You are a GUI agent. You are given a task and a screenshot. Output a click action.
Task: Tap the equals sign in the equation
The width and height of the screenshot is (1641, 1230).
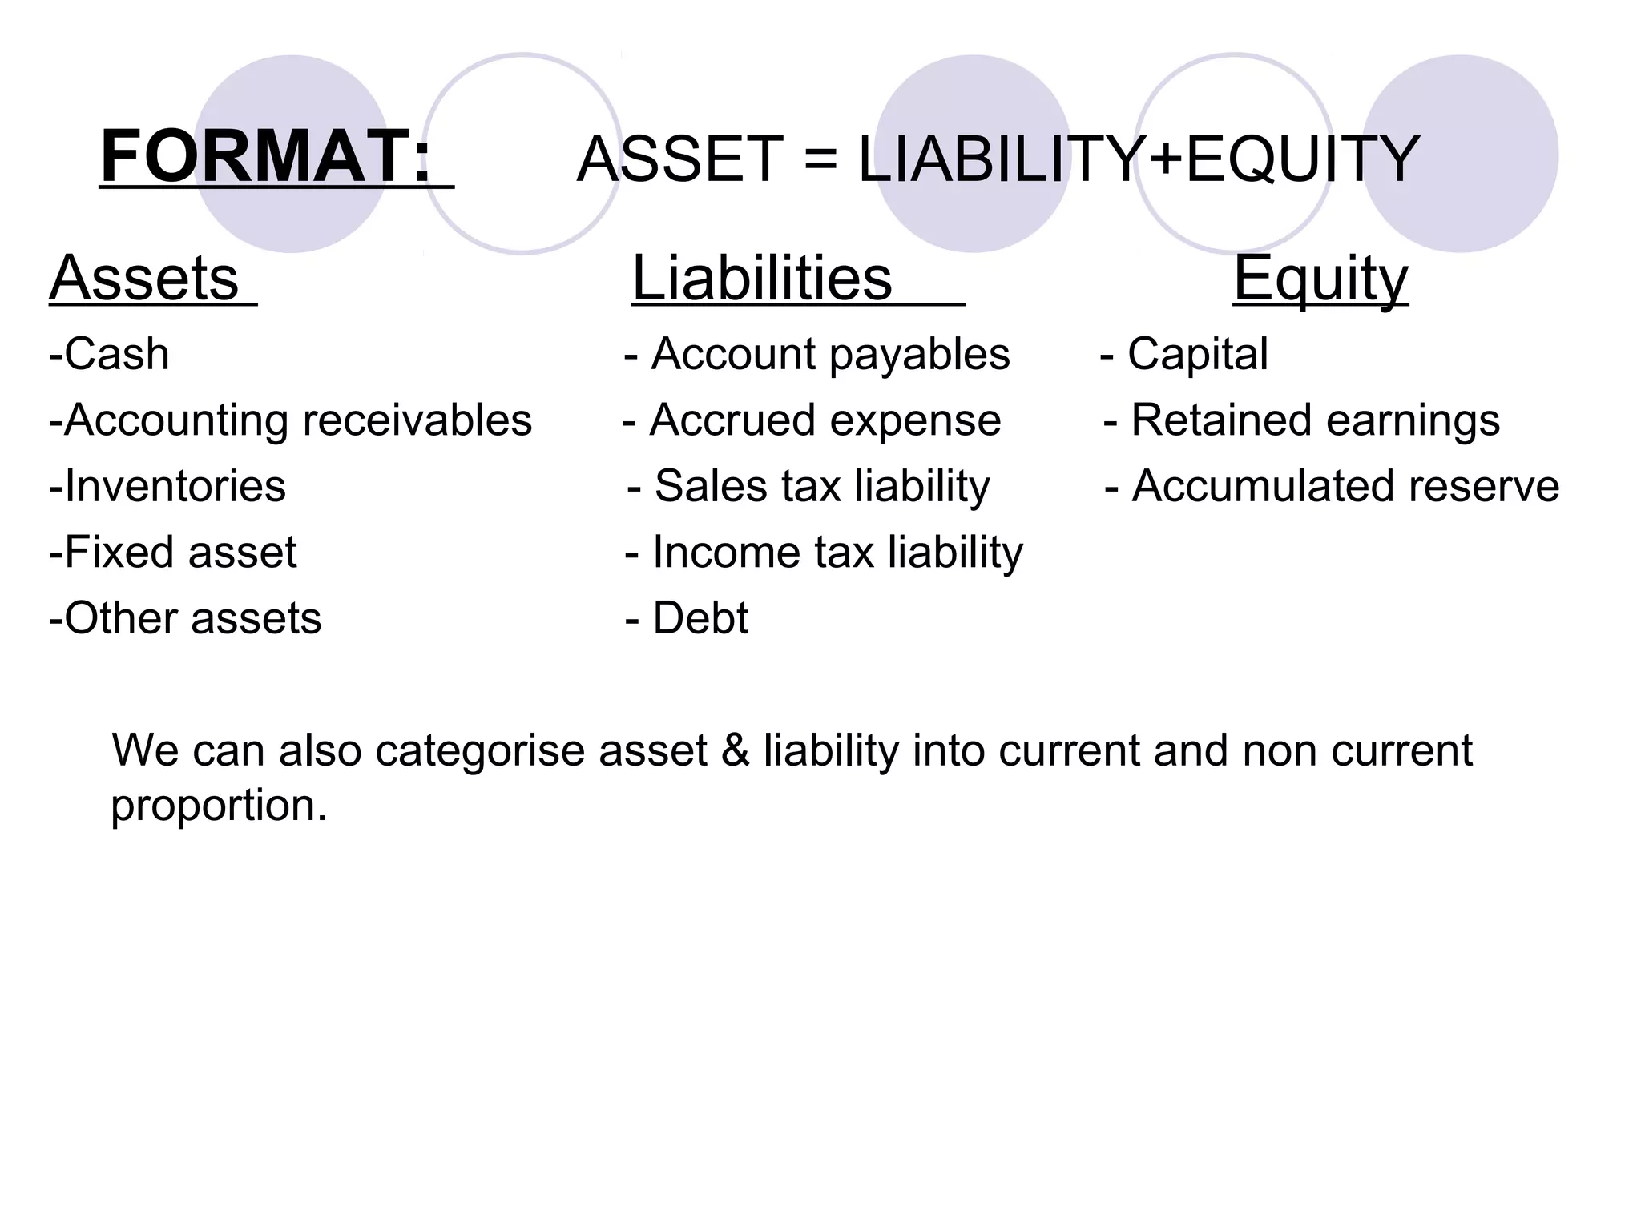(x=820, y=159)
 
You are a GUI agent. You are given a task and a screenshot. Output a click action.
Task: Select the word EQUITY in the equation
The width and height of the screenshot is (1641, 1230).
(x=1302, y=159)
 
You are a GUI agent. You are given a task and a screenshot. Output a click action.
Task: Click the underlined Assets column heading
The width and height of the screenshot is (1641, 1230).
(x=145, y=278)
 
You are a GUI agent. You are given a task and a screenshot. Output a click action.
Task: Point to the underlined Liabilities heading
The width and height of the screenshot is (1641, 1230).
(x=762, y=278)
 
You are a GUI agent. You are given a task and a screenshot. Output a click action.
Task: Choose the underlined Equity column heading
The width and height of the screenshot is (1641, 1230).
(x=1320, y=278)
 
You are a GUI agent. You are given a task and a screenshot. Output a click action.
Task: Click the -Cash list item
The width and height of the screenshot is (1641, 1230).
(x=110, y=354)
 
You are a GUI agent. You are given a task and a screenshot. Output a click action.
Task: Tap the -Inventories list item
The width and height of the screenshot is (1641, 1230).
(x=167, y=486)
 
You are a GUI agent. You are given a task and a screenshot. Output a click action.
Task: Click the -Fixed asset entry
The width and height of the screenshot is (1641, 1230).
(x=173, y=553)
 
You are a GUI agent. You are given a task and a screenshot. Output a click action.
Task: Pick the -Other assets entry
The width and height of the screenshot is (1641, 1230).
(x=185, y=618)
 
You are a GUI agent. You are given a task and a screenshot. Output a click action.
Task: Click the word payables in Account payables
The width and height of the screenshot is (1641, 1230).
(x=919, y=354)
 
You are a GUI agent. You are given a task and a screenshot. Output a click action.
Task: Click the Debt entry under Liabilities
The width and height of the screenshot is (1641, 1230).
(x=700, y=618)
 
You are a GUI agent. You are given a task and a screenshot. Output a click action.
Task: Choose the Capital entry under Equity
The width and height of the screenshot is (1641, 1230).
(x=1197, y=354)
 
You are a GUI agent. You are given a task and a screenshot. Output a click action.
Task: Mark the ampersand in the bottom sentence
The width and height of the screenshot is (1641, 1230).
(x=735, y=751)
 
